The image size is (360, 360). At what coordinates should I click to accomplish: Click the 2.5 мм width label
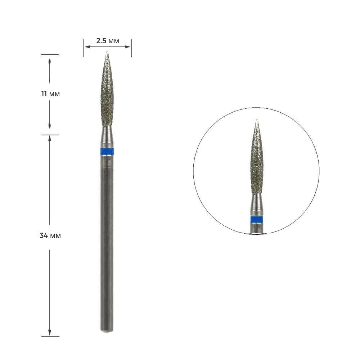click(107, 41)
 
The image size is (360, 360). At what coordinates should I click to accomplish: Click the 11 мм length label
click(50, 94)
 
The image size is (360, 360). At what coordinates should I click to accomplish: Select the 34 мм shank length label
click(50, 235)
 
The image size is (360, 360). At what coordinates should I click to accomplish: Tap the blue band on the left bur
click(107, 152)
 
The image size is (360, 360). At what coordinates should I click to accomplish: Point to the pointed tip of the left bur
click(107, 51)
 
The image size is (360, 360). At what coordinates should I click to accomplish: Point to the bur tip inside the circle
click(257, 120)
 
